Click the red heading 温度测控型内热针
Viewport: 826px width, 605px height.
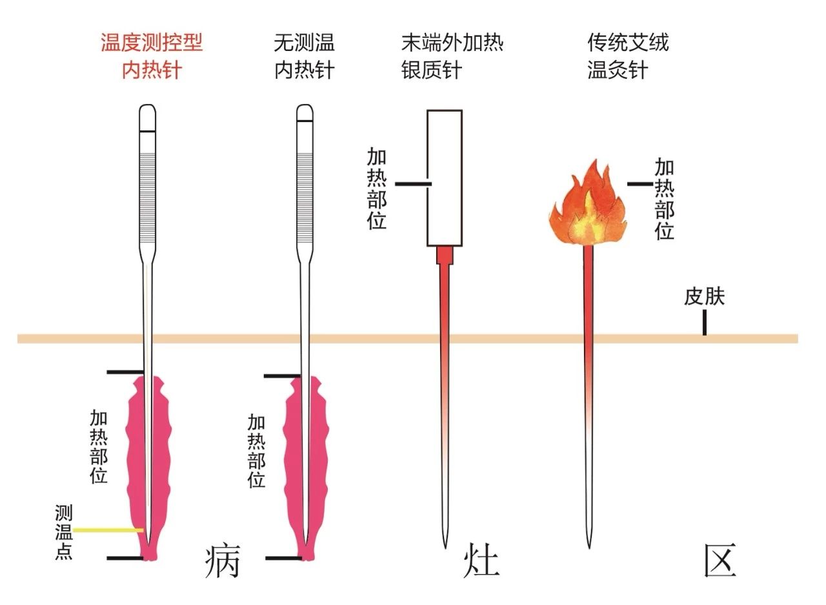pos(151,56)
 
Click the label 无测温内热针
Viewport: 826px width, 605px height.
pos(305,56)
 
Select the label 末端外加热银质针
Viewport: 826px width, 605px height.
pos(452,56)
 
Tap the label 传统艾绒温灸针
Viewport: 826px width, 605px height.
pos(627,56)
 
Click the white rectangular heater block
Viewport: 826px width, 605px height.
pos(445,178)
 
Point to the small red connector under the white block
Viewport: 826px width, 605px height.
pos(445,256)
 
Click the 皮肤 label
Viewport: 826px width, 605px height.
pos(704,296)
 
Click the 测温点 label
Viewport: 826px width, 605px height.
pos(63,533)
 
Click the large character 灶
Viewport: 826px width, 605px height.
pos(481,562)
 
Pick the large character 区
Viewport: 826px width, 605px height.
pos(720,560)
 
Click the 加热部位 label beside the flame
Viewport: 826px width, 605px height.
pos(664,199)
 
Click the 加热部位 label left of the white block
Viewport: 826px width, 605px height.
pos(377,188)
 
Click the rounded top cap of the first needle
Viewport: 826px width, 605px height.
pos(148,118)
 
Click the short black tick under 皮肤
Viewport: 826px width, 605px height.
pos(704,322)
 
